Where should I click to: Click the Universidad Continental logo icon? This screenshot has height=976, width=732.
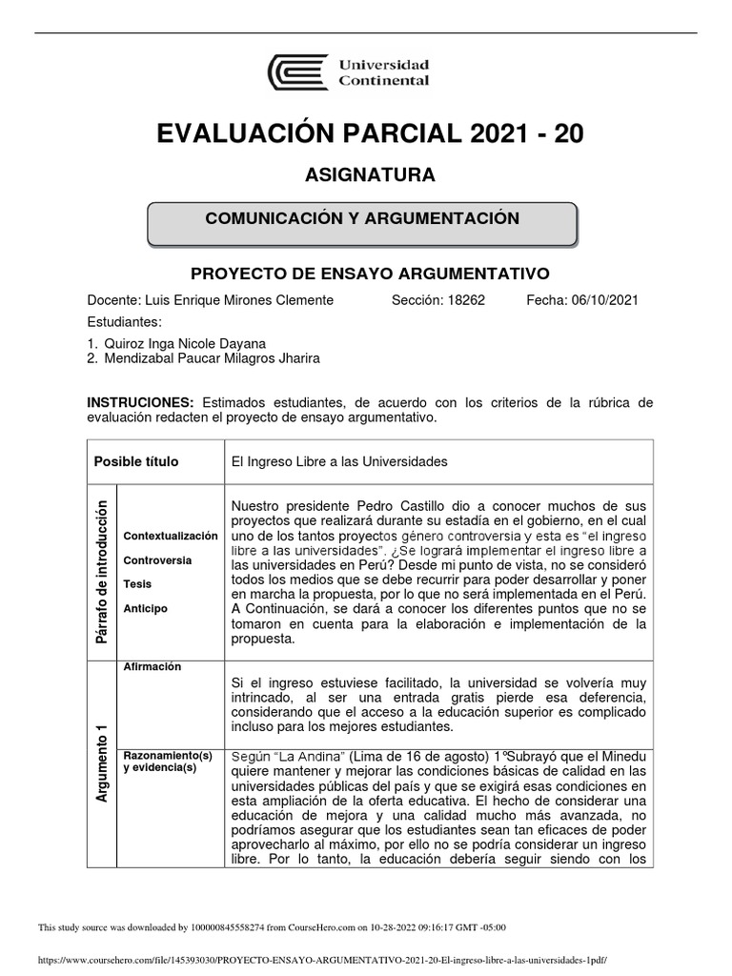297,72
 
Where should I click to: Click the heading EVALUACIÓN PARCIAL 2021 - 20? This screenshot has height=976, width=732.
370,135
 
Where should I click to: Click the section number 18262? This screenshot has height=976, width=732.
464,300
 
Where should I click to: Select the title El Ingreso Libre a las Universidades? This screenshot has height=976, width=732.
339,462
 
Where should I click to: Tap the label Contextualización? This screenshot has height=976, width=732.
171,537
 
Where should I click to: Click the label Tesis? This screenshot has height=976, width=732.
137,584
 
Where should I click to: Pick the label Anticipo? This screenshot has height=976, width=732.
145,608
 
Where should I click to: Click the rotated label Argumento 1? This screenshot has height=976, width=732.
101,762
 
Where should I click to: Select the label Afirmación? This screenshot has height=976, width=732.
152,667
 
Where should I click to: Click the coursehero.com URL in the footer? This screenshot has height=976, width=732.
320,961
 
